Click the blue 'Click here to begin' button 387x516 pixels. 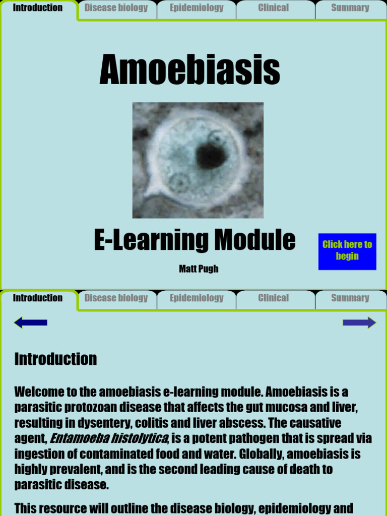347,250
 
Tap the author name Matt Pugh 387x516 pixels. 199,269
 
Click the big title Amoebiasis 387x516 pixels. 189,70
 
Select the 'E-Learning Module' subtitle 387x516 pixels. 195,240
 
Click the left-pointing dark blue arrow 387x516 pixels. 31,322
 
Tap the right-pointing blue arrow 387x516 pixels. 359,322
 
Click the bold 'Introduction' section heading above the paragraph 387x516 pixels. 55,359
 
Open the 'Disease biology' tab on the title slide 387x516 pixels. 116,8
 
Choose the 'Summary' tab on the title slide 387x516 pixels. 350,8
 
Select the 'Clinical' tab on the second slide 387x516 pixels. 274,298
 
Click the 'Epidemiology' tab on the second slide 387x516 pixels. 197,298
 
